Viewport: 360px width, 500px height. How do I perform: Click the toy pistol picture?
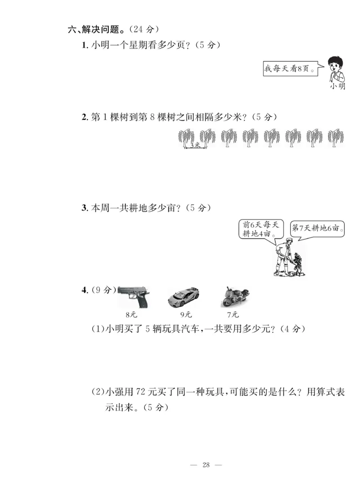click(133, 297)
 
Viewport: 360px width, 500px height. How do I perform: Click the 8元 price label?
click(131, 315)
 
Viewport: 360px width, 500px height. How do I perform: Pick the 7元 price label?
click(233, 315)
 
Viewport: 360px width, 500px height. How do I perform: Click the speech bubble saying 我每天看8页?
click(288, 69)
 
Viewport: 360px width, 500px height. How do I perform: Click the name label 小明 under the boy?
click(337, 86)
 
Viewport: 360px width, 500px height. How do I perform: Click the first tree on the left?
click(186, 138)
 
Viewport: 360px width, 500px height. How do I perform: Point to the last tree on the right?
click(336, 138)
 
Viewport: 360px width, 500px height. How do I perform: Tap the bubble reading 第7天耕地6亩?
click(317, 228)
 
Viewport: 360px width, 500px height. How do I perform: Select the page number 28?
click(206, 465)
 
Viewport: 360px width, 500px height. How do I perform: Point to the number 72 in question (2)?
click(141, 392)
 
